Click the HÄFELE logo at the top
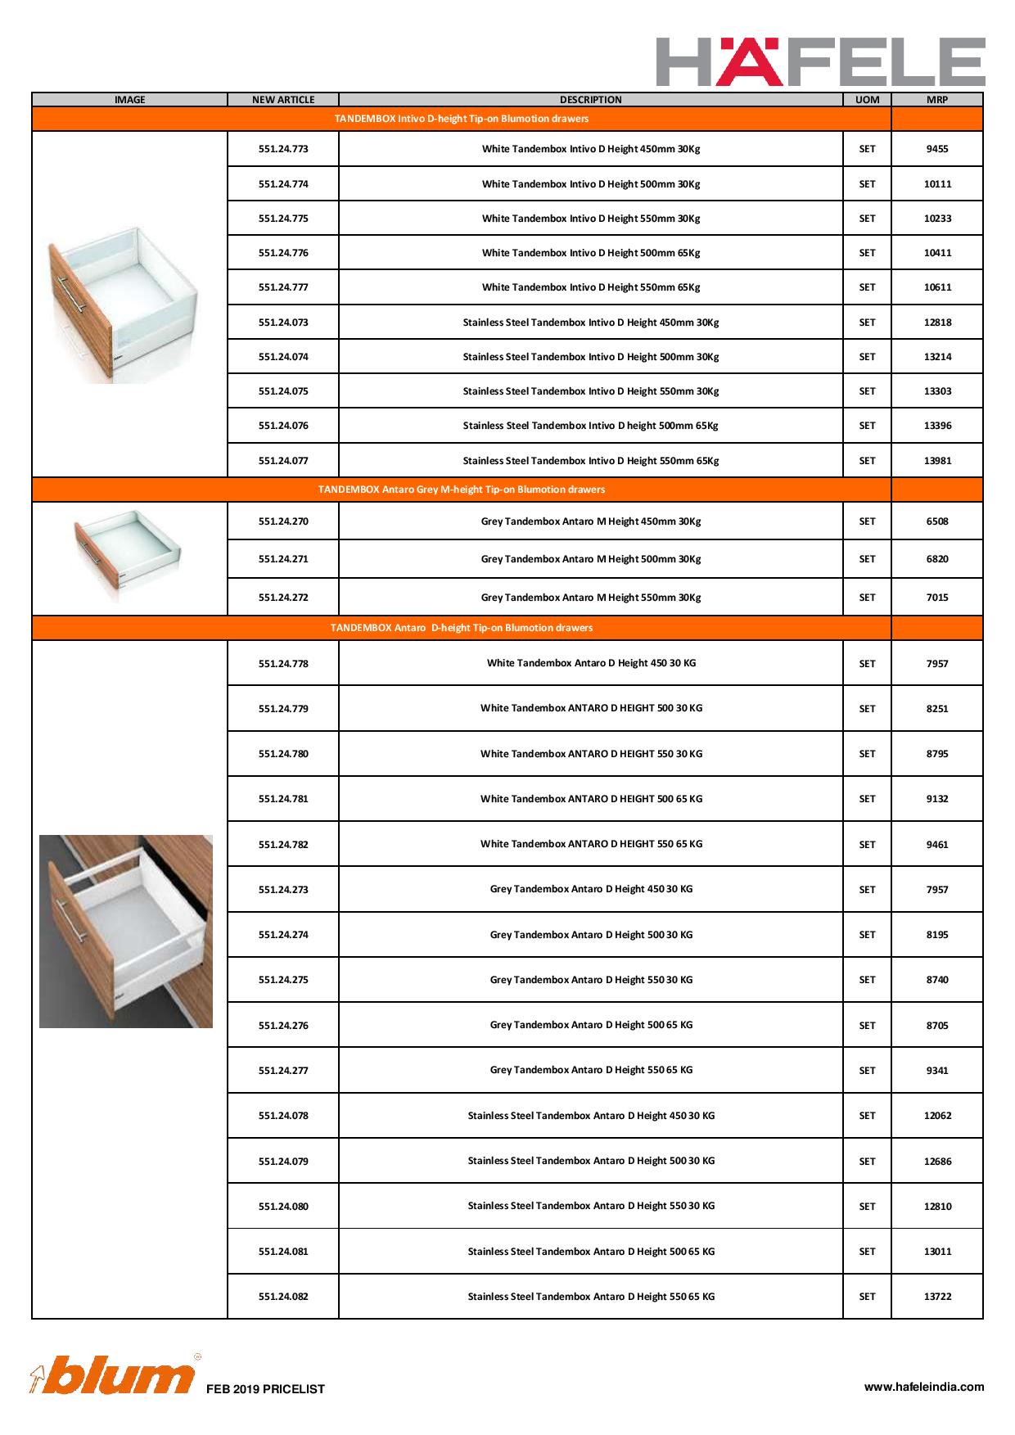pyautogui.click(x=820, y=61)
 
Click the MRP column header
pyautogui.click(x=937, y=100)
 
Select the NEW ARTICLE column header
pyautogui.click(x=283, y=100)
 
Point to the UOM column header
pyautogui.click(x=867, y=100)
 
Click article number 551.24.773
pyautogui.click(x=283, y=149)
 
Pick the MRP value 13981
pyautogui.click(x=937, y=461)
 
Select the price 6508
pyautogui.click(x=937, y=521)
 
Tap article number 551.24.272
pyautogui.click(x=283, y=598)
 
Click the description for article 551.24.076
pyautogui.click(x=590, y=426)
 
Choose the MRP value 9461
pyautogui.click(x=937, y=845)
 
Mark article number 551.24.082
pyautogui.click(x=283, y=1297)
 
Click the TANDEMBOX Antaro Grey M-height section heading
pyautogui.click(x=461, y=490)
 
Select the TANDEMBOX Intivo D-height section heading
pyautogui.click(x=461, y=119)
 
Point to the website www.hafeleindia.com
pyautogui.click(x=924, y=1387)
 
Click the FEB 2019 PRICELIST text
pyautogui.click(x=265, y=1389)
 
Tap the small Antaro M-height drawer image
pyautogui.click(x=127, y=550)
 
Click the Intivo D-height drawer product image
pyautogui.click(x=123, y=303)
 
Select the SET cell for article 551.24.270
pyautogui.click(x=867, y=521)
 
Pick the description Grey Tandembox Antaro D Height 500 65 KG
pyautogui.click(x=590, y=1025)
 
